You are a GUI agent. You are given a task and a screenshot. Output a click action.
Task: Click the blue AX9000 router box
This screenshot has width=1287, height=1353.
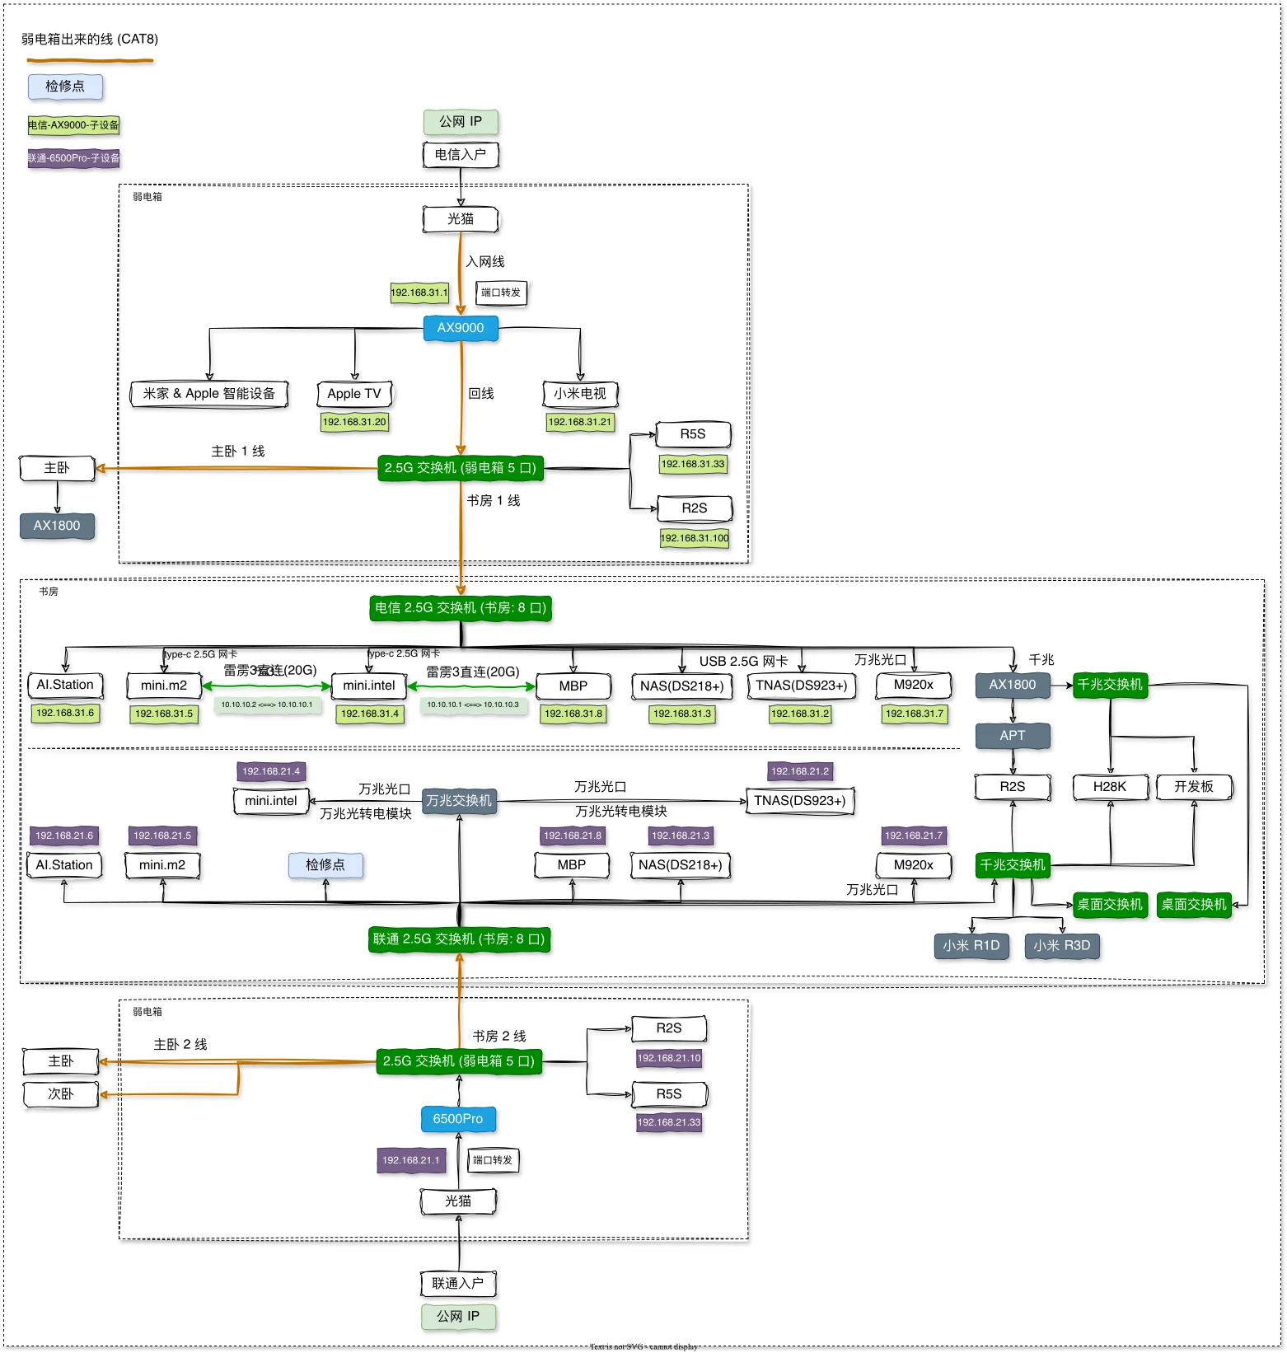[x=461, y=328]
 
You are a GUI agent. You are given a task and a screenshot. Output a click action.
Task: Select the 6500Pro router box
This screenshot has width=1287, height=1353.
[x=458, y=1119]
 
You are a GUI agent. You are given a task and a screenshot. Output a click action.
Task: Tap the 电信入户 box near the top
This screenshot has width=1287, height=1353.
[x=461, y=154]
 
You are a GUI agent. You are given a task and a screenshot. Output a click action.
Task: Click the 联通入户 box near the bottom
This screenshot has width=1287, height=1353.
[x=458, y=1283]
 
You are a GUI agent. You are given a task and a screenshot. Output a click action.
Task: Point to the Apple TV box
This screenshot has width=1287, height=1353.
[x=354, y=394]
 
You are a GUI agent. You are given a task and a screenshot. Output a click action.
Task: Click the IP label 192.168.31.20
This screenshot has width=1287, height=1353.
[x=354, y=422]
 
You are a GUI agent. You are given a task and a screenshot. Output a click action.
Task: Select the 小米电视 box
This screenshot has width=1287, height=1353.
[x=580, y=394]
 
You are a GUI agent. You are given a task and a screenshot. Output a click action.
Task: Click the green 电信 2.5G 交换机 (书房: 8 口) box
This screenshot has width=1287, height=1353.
[x=461, y=608]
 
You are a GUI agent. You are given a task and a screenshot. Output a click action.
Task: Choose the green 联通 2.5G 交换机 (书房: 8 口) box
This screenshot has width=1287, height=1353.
[x=459, y=939]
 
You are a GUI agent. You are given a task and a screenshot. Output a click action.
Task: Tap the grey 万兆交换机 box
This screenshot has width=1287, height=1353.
[x=459, y=800]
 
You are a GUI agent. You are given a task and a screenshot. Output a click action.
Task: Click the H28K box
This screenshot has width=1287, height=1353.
[x=1110, y=787]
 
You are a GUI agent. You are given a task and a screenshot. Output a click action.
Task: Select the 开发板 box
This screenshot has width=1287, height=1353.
[x=1194, y=787]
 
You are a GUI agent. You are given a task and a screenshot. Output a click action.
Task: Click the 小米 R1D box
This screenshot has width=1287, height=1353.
[x=971, y=946]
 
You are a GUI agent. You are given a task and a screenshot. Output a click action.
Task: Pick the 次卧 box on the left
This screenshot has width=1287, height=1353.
[x=61, y=1094]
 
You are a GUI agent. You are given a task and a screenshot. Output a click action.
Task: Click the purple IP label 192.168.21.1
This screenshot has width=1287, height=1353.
[x=410, y=1160]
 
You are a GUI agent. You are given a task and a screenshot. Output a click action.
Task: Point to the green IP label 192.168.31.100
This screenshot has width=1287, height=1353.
[x=695, y=538]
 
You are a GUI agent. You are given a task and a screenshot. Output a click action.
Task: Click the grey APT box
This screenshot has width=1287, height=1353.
[x=1013, y=736]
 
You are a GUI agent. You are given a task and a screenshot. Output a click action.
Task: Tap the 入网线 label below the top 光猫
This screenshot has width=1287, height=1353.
[x=485, y=262]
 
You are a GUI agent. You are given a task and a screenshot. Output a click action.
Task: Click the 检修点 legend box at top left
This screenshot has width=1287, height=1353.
[x=65, y=87]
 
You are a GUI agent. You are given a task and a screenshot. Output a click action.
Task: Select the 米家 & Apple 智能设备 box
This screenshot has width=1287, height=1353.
[x=209, y=394]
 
